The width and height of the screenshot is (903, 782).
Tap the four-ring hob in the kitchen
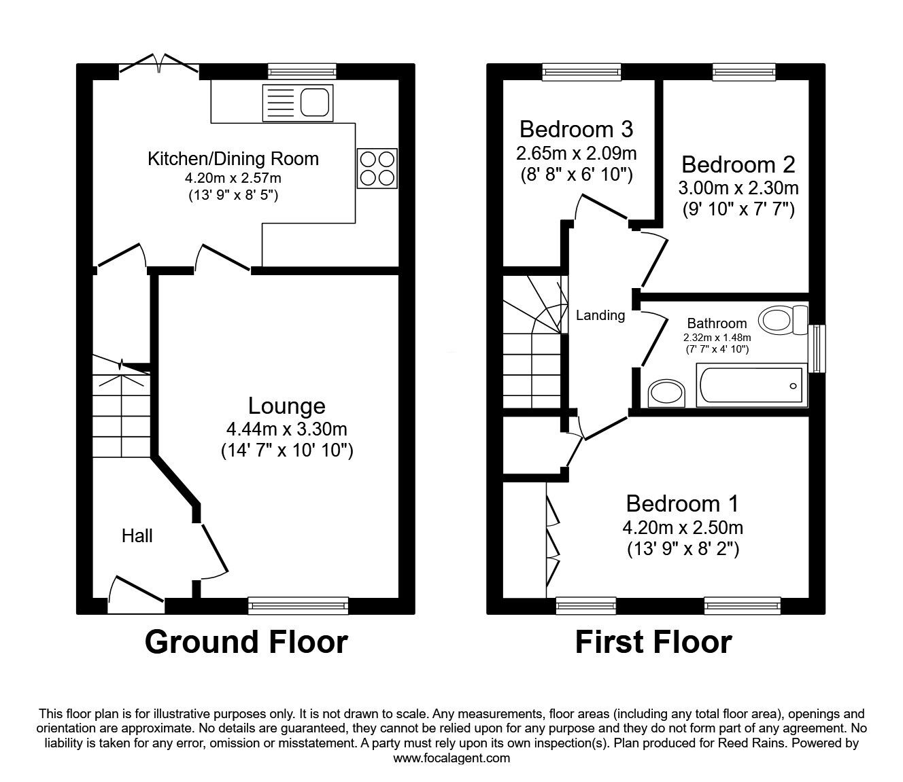tap(377, 168)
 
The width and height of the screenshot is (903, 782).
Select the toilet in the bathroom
tap(781, 318)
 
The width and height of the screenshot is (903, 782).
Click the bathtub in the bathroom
tap(750, 386)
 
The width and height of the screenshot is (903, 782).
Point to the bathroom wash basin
tap(661, 392)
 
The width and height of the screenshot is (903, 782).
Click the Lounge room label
tap(286, 406)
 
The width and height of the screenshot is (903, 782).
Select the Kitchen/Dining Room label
tap(233, 159)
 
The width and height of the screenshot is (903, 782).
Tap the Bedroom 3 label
tap(576, 128)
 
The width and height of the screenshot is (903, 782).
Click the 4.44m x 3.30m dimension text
tap(286, 429)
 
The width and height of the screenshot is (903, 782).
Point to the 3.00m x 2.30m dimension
tap(738, 188)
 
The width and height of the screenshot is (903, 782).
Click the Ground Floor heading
tap(246, 642)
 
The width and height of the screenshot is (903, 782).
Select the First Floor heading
tap(653, 642)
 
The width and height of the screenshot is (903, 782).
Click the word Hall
tap(137, 536)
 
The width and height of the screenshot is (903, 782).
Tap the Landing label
tap(600, 315)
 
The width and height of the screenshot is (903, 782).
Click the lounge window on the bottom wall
tap(298, 605)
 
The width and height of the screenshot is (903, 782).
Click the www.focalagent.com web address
tap(451, 758)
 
